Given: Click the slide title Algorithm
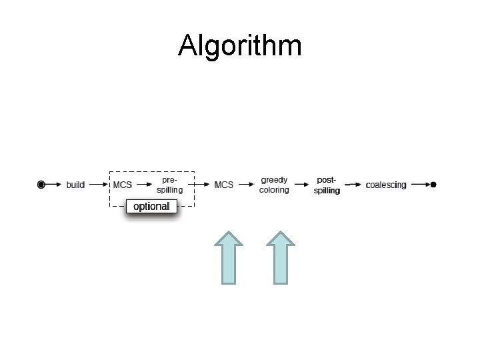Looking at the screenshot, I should [240, 46].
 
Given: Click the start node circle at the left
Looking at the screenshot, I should [41, 184].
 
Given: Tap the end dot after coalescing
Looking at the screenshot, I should [434, 184].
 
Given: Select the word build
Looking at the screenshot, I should [75, 185].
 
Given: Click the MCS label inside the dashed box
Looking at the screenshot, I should [123, 185].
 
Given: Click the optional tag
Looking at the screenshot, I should [151, 206].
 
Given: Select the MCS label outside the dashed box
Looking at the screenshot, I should [223, 185].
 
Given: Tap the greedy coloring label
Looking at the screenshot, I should [274, 185].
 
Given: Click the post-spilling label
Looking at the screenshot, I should [327, 185].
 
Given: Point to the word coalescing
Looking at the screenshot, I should [385, 185].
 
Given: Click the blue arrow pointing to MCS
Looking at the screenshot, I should [229, 257].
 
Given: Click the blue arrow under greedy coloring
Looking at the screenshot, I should [281, 257].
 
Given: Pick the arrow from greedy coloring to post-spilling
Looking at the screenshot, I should [301, 184].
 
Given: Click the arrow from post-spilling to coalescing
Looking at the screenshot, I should [353, 184].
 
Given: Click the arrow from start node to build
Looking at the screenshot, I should [54, 184].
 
